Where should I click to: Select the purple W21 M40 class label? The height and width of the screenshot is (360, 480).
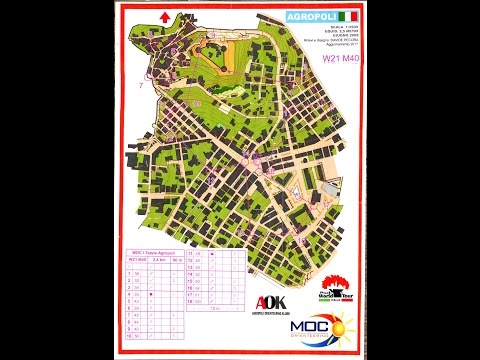coord(340,58)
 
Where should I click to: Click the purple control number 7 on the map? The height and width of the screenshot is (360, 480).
coord(141,84)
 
